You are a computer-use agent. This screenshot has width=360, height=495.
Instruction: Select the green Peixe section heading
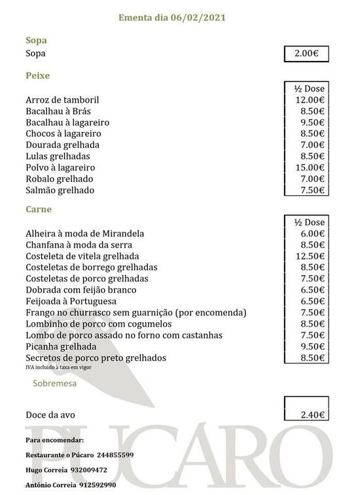38,76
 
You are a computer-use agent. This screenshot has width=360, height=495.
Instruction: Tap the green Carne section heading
39,210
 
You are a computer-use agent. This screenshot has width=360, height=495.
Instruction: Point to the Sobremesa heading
54,383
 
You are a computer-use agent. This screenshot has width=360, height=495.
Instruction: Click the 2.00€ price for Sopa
306,54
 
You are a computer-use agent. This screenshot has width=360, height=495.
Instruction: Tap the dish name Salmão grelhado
60,190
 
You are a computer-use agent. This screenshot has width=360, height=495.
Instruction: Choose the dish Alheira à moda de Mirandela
84,233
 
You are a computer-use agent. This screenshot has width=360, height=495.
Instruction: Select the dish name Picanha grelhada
61,346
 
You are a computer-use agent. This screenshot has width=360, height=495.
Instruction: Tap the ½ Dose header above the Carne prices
306,222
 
